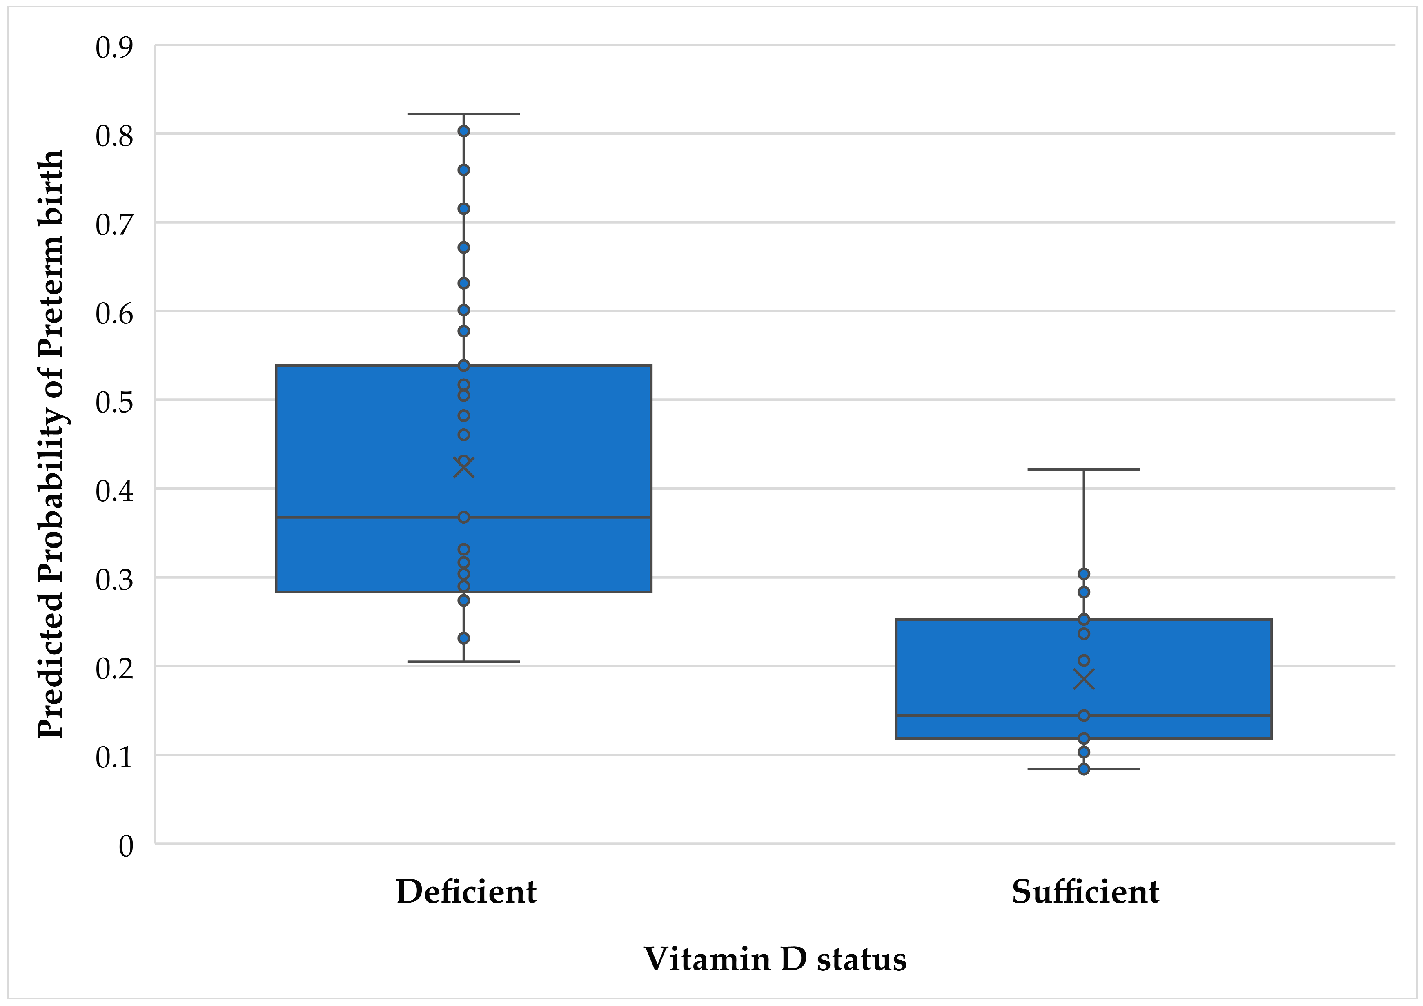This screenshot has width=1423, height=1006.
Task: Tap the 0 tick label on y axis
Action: pos(126,846)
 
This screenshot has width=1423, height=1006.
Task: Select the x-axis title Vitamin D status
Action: pos(775,959)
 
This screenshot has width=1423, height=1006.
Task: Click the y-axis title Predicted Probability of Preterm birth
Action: pos(51,444)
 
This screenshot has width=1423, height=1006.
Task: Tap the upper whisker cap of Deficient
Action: pos(463,114)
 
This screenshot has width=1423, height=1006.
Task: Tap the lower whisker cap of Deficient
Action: pos(463,662)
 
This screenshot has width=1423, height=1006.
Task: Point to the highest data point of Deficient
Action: pos(463,131)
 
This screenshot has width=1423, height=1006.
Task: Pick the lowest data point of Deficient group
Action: pos(463,638)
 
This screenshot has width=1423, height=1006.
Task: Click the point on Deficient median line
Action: pos(463,517)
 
